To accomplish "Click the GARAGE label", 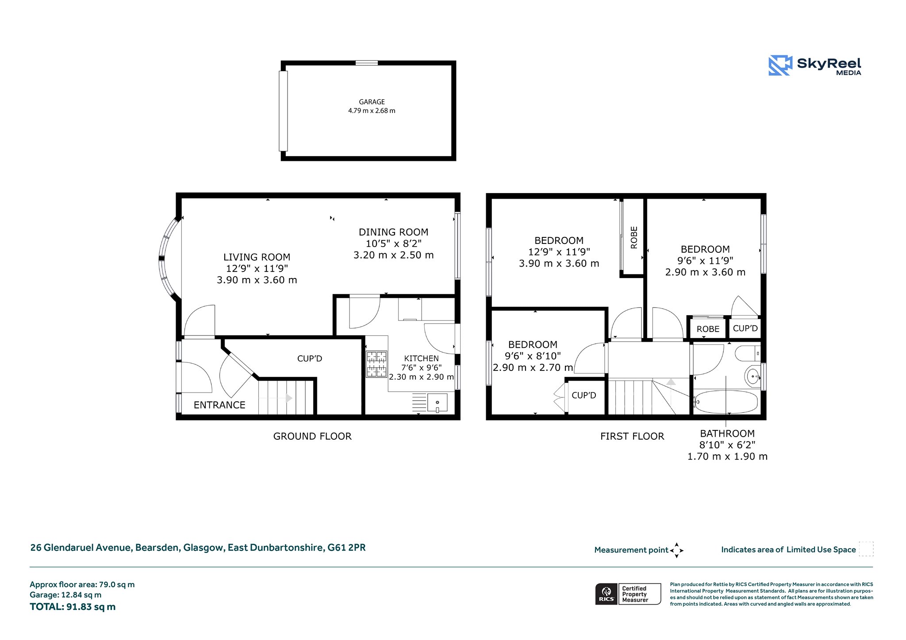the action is [x=372, y=102].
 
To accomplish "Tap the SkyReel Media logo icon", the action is [x=780, y=65].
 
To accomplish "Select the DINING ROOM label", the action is [x=393, y=232].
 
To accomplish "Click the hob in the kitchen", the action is [x=376, y=364].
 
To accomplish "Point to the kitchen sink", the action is [x=437, y=403].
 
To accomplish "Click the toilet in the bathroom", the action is [x=747, y=354].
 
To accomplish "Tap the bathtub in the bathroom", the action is [x=726, y=402].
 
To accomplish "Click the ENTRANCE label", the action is [x=219, y=405].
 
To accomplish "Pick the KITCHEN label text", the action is [x=421, y=358].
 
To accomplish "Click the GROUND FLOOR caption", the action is [x=312, y=436].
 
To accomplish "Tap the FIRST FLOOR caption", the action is [x=632, y=436].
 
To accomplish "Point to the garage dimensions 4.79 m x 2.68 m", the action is [x=372, y=111].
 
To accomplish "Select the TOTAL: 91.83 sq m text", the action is [x=73, y=607].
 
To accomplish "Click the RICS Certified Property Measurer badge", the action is [x=628, y=594].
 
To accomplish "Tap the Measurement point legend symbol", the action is [x=676, y=550].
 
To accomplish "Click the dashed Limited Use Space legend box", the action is [x=866, y=549].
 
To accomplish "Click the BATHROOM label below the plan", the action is [x=727, y=434].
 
